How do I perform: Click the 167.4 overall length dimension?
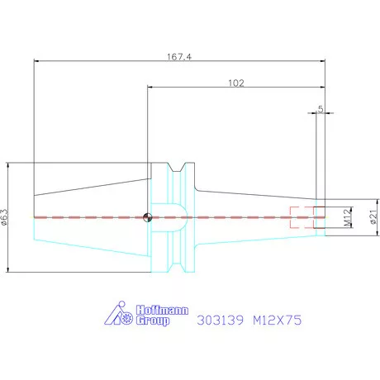click(x=179, y=57)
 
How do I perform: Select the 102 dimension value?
click(x=236, y=83)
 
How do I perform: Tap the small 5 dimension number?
click(x=321, y=109)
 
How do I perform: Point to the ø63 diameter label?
click(x=5, y=217)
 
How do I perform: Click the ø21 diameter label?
click(x=373, y=216)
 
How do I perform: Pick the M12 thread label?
click(x=348, y=217)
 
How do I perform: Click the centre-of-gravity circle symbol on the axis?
click(x=148, y=217)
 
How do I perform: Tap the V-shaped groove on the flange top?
click(x=177, y=167)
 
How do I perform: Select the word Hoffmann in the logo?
click(x=163, y=311)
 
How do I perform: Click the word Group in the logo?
click(x=153, y=321)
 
